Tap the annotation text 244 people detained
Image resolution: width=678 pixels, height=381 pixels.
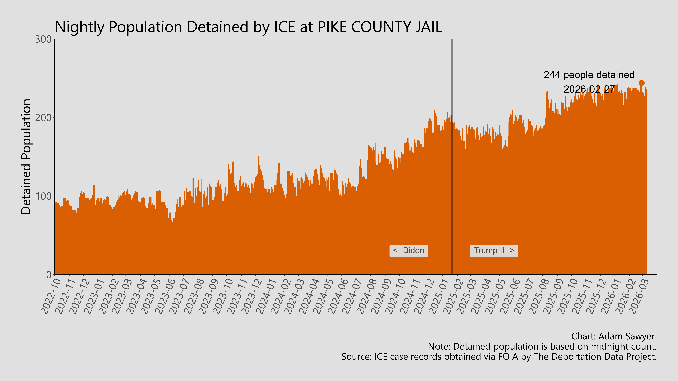point(589,75)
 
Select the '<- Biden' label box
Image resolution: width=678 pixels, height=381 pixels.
point(408,251)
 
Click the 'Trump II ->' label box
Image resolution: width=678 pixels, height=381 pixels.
point(494,251)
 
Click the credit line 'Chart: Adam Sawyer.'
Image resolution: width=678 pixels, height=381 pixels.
point(614,336)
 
